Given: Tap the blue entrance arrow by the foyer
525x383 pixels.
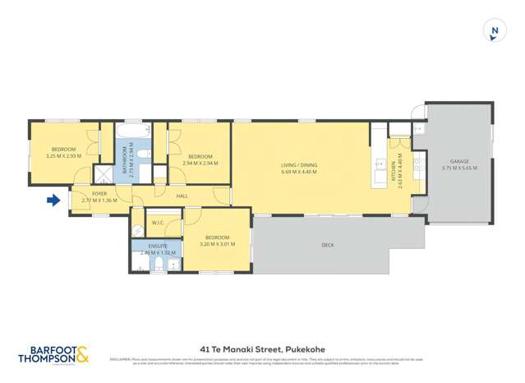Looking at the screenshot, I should coord(54,200).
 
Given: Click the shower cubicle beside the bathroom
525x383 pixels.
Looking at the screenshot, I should coord(104,173).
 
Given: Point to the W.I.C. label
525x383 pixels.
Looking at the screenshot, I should coord(159,223).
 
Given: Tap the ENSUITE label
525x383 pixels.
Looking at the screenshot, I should coord(158,246).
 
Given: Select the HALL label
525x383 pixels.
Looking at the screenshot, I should coord(183,196).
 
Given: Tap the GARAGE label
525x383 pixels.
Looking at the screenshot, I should coord(458,161).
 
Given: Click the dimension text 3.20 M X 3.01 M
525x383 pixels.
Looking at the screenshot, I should coord(217,243).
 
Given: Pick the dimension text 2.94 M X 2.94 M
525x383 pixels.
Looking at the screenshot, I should coord(200,163).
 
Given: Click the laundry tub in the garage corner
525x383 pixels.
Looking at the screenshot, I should coord(418,131).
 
